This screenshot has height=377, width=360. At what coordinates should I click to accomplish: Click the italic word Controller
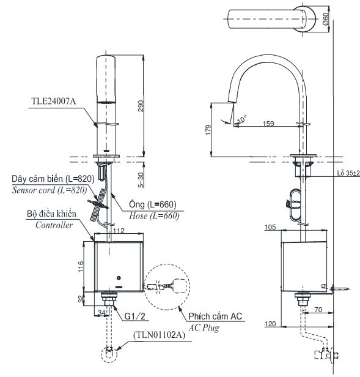click(x=54, y=225)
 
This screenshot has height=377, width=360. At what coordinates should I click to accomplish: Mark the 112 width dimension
click(x=119, y=231)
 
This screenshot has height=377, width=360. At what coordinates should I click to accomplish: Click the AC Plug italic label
click(x=205, y=328)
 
